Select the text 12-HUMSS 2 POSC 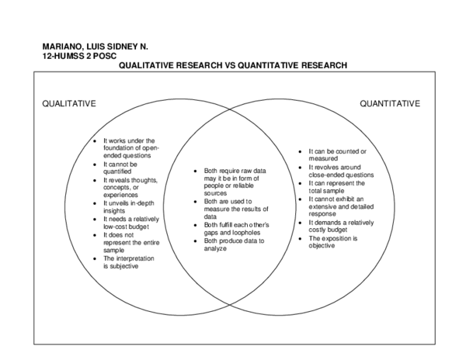point(80,56)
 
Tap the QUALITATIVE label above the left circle point(69,104)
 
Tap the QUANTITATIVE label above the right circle point(390,104)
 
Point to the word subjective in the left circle point(124,266)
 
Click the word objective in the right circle point(322,246)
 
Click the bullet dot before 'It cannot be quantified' point(95,164)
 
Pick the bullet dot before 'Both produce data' point(195,241)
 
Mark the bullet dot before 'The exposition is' point(300,239)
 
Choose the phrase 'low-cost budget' point(127,227)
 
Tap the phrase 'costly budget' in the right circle point(328,230)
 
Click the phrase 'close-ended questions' point(341,175)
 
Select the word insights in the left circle point(114,211)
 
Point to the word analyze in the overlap point(215,249)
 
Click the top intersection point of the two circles point(230,109)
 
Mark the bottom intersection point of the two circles point(230,304)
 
